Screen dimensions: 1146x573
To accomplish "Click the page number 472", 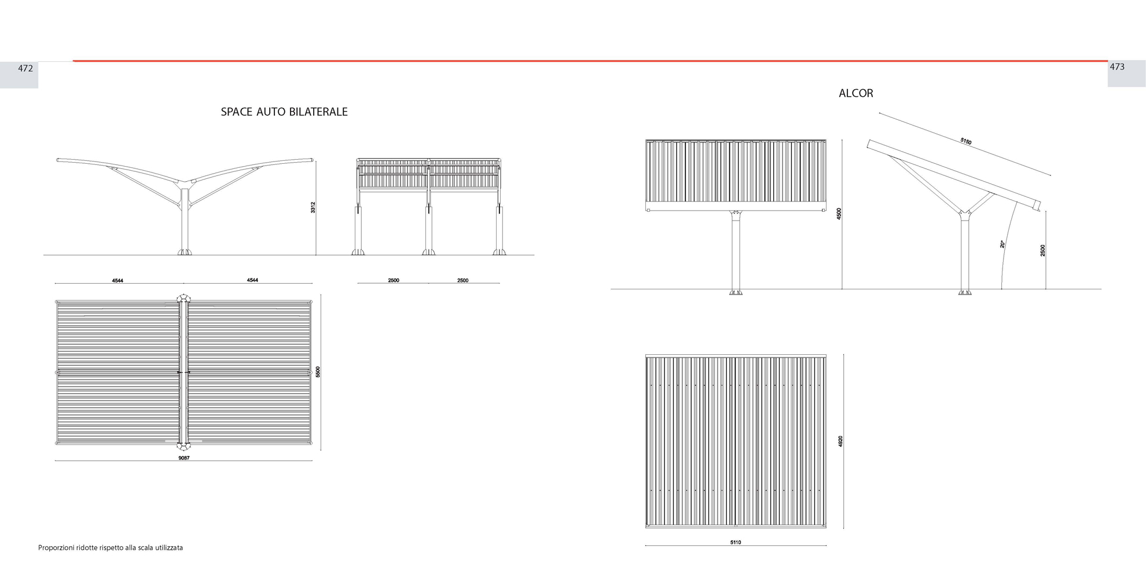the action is (25, 68).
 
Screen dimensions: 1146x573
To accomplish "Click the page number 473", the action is (1117, 67).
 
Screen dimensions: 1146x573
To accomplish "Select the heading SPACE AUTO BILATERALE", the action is (284, 112).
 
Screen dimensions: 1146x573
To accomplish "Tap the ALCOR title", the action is (856, 93).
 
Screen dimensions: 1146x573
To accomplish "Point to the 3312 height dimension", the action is (313, 207).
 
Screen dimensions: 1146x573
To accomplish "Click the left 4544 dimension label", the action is (117, 281).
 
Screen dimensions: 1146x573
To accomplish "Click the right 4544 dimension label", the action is (252, 280).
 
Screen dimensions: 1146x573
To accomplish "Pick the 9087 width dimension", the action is (184, 458).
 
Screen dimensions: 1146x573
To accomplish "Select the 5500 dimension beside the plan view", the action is (318, 372).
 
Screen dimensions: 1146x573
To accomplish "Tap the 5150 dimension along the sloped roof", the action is (966, 141).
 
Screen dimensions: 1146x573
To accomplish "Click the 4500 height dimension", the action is (839, 214).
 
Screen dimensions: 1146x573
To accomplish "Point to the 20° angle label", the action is (1002, 244).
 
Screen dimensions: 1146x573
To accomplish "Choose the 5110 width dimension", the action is (736, 542).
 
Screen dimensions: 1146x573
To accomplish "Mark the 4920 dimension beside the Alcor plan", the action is (840, 441).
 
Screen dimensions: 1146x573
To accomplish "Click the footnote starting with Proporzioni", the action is (111, 548).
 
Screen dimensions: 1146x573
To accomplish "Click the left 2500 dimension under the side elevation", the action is (394, 281).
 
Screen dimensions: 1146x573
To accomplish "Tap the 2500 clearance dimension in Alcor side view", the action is (1043, 251).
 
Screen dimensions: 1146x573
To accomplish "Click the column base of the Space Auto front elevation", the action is (185, 252).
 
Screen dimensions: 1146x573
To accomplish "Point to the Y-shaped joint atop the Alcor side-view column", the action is (965, 214).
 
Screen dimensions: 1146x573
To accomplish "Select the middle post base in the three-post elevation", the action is (428, 252).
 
